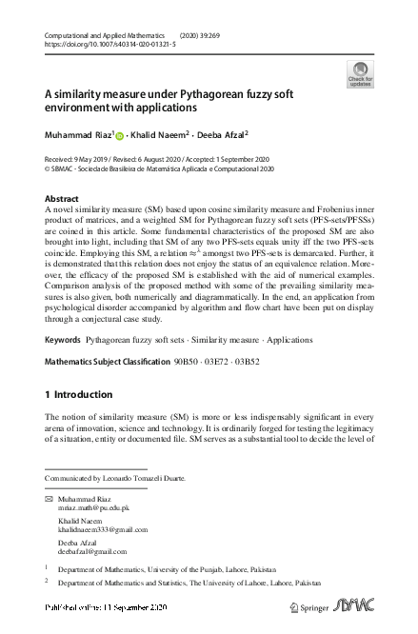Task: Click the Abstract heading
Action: [x=63, y=198]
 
